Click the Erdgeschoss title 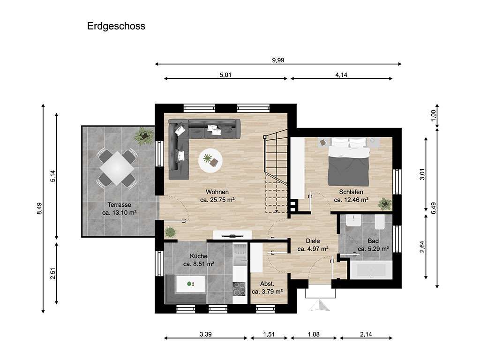(116, 26)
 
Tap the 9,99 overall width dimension (278, 60)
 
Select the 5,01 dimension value (225, 75)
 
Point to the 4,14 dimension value (341, 75)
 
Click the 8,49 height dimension (39, 209)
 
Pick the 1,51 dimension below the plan (269, 334)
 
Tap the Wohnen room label (217, 192)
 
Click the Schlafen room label (351, 192)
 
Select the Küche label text (198, 256)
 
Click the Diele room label (313, 241)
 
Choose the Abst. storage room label (267, 284)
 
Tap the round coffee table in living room (210, 160)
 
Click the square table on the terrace (117, 168)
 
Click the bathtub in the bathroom (371, 270)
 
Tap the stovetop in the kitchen (239, 289)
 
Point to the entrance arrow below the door (319, 306)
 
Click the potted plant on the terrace (143, 136)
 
